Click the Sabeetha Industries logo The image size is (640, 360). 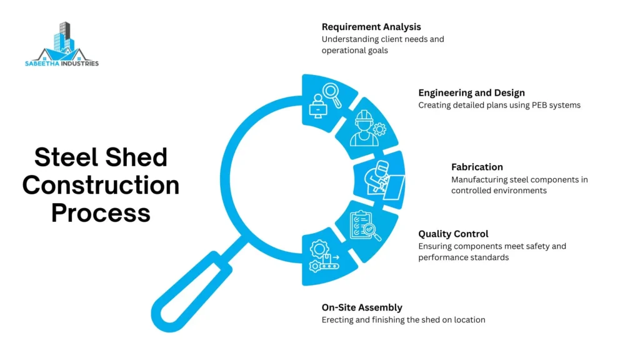coord(62,44)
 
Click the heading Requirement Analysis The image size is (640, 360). coord(371,27)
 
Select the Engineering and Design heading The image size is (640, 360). coord(471,93)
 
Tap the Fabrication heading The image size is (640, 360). coord(477,167)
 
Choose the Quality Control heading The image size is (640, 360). coord(453,234)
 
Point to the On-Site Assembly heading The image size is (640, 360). coord(362,307)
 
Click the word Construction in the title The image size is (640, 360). coord(101,185)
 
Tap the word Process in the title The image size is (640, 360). coord(101,212)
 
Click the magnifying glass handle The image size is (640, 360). coord(192,291)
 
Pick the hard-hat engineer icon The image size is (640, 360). coord(367,128)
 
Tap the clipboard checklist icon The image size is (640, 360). coord(364,226)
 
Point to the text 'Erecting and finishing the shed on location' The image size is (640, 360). coord(403,320)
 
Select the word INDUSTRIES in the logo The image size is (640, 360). coord(79,64)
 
